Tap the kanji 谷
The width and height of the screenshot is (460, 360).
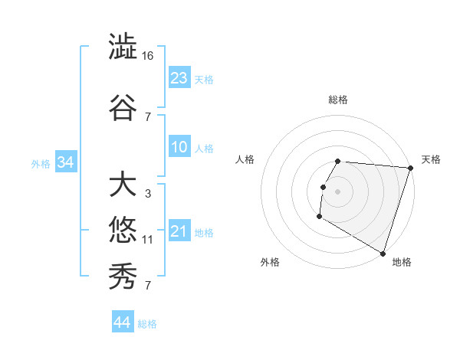pos(123,106)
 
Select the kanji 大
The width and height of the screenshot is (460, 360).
pos(123,185)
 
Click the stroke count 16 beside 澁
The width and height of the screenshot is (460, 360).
pos(149,56)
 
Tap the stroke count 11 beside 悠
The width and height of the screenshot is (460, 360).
pos(148,240)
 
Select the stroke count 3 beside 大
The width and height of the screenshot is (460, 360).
pos(147,194)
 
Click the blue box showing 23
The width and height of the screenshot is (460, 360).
pos(179,78)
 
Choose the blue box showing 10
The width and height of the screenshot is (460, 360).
pos(179,148)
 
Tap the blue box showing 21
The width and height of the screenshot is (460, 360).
pos(179,231)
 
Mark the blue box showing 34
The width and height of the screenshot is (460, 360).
pos(65,162)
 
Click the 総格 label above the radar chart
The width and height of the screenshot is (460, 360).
pos(338,100)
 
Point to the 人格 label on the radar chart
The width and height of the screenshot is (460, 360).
pos(245,159)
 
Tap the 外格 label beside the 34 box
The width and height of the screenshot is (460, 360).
pos(40,163)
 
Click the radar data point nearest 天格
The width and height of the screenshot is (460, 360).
pos(410,168)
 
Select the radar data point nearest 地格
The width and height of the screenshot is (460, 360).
pos(381,253)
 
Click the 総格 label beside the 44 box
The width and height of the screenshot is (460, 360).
pos(147,324)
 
